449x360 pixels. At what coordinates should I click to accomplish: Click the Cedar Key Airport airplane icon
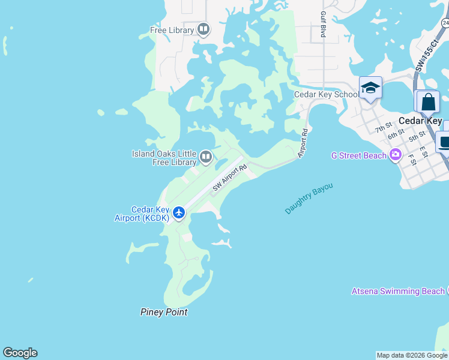(178, 212)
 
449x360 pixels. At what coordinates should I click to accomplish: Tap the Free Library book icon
(203, 29)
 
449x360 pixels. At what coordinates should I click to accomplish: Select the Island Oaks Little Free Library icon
(206, 157)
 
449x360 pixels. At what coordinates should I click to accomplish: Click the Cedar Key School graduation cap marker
(370, 88)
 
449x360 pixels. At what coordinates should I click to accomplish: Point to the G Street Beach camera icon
(395, 155)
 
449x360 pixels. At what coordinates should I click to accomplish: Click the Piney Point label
(164, 312)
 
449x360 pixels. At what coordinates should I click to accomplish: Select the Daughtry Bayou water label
(309, 199)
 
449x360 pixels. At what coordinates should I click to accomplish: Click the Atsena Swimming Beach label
(398, 292)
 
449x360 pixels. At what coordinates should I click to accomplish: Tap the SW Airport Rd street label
(230, 179)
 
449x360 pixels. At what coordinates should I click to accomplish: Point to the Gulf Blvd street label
(323, 25)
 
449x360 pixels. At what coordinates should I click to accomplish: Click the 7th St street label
(383, 127)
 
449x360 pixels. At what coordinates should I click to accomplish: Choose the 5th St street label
(417, 137)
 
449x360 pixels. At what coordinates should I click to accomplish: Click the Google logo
(20, 353)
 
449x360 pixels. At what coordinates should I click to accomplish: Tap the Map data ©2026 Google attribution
(412, 355)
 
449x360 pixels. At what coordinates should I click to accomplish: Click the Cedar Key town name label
(420, 121)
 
